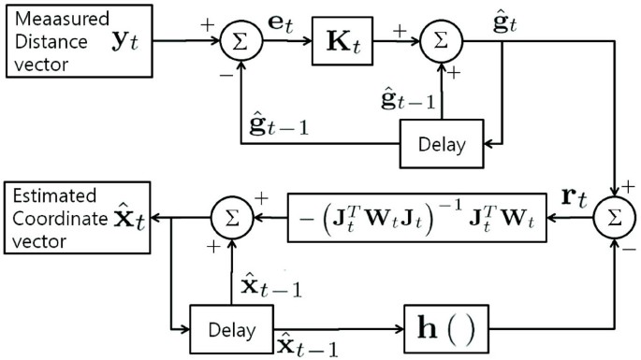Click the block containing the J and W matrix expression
point(417,221)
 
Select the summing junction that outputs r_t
point(615,222)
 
